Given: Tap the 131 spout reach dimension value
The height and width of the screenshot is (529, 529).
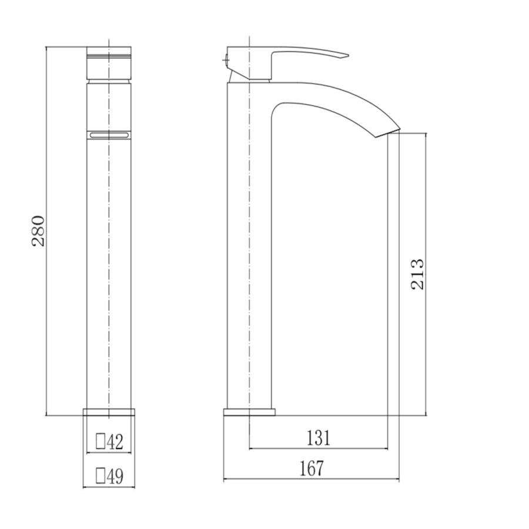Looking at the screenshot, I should (318, 438).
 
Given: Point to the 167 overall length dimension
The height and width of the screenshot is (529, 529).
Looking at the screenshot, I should (311, 468).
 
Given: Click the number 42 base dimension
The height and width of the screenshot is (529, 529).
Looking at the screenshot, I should (115, 442).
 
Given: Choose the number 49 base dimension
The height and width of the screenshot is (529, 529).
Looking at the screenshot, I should (115, 475).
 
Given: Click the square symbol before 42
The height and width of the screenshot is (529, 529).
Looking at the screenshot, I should (100, 442).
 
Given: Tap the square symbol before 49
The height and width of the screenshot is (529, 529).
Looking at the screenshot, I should (100, 475).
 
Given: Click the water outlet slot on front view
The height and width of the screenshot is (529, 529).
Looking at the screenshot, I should (109, 135).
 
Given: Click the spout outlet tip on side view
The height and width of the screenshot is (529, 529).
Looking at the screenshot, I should (388, 132).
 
